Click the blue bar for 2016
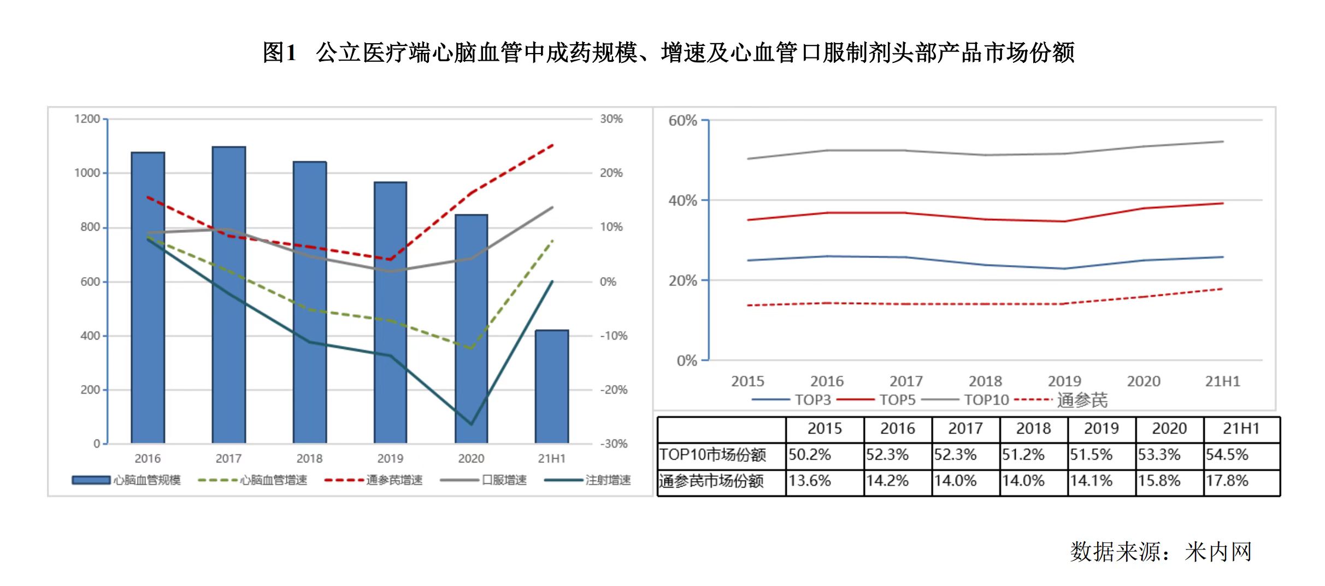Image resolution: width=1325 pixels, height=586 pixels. (x=148, y=298)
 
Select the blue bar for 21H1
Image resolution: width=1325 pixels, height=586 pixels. (x=552, y=386)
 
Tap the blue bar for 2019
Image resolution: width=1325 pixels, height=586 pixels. (x=390, y=313)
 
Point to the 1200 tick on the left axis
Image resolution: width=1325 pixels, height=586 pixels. (x=87, y=119)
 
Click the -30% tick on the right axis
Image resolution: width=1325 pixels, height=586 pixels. (x=614, y=444)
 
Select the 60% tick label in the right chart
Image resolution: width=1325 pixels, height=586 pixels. (x=682, y=121)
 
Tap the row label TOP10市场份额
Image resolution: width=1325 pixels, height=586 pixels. (x=712, y=455)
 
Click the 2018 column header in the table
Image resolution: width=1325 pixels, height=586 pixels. (x=1033, y=429)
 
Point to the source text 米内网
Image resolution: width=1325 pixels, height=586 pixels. (x=1218, y=552)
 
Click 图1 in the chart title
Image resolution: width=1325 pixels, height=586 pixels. (x=279, y=52)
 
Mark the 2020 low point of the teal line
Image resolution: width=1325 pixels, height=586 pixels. (x=471, y=424)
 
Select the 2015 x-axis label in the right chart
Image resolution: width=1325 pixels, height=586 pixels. (x=747, y=381)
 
